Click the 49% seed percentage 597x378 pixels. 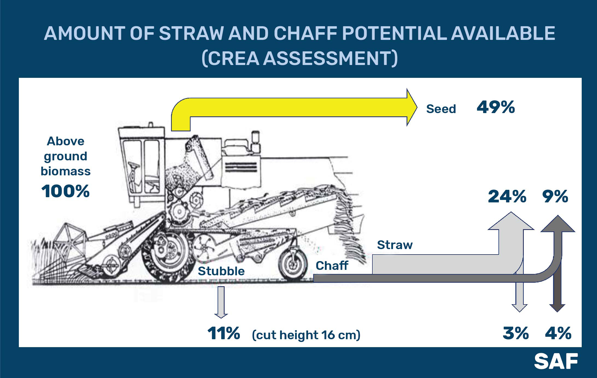tap(496, 107)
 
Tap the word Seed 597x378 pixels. tap(441, 109)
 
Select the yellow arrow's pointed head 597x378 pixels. tap(412, 107)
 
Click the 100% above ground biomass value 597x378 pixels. tap(66, 191)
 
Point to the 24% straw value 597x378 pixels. tap(507, 196)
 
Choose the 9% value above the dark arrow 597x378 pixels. tap(555, 196)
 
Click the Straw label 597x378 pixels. tap(395, 245)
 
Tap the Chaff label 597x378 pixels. tap(332, 265)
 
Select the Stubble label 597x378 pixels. tap(221, 271)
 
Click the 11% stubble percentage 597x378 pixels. tap(224, 333)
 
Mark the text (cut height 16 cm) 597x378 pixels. tap(306, 335)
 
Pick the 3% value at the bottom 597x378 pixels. tap(516, 333)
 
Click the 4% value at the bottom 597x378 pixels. tap(558, 333)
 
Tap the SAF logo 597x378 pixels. tap(556, 361)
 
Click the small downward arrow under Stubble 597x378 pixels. tap(221, 302)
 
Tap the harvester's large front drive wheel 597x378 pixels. tap(165, 257)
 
